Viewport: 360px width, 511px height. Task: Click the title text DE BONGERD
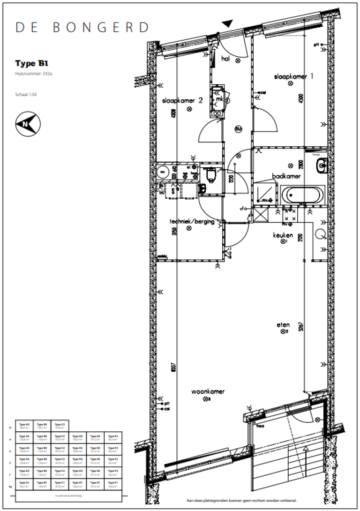coord(82,27)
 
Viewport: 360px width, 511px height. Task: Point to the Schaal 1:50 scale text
coord(26,94)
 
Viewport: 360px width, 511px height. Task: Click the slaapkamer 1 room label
coord(293,76)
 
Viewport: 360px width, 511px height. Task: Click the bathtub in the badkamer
coord(302,194)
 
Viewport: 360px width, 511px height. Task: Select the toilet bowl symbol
coord(210,176)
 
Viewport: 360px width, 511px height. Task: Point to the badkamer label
coord(286,176)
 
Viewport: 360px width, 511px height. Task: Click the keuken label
coord(283,235)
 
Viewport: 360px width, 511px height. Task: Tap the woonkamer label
coord(208,391)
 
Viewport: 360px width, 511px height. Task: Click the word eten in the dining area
coord(283,324)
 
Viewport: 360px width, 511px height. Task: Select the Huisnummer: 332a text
coord(33,74)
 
